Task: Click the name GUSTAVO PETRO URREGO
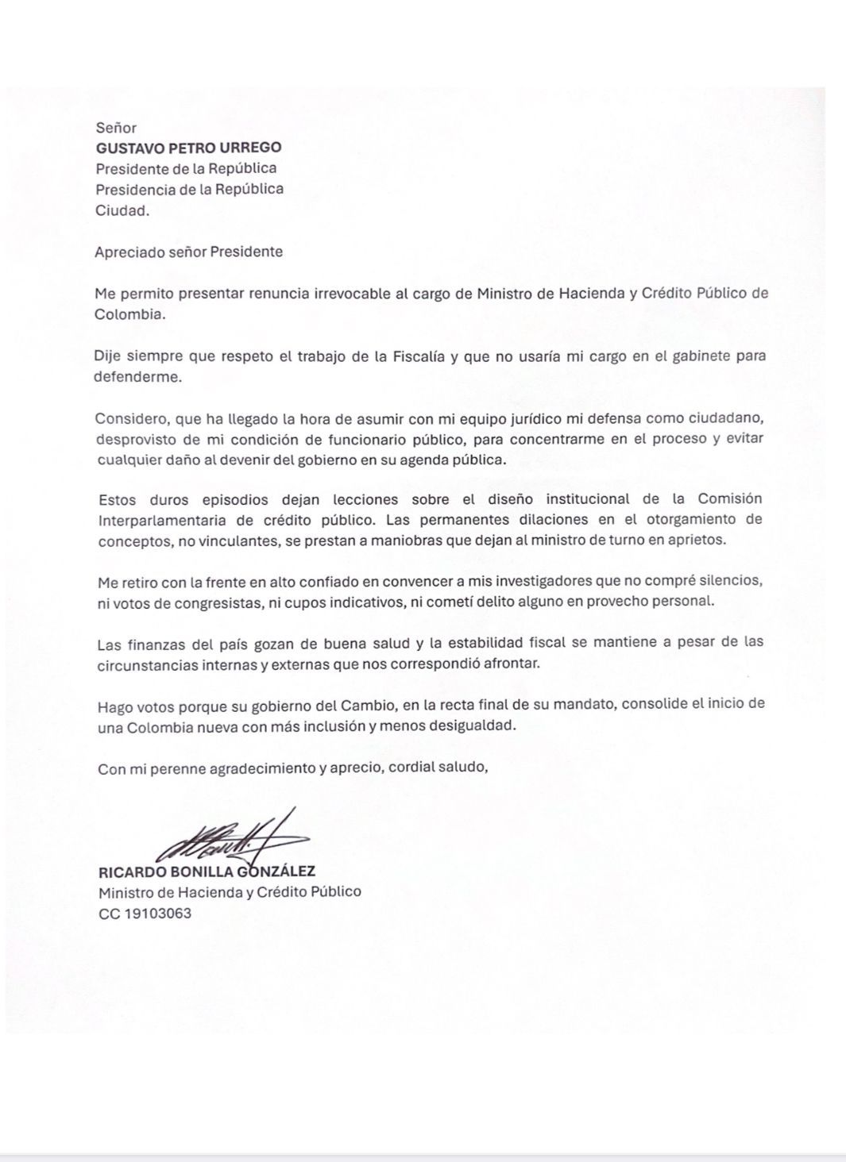click(x=188, y=148)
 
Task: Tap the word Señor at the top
click(x=116, y=128)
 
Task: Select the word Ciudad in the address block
click(x=120, y=210)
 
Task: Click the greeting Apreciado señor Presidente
click(x=188, y=252)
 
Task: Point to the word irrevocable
click(x=350, y=293)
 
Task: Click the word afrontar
click(x=512, y=664)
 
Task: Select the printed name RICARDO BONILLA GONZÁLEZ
click(x=207, y=871)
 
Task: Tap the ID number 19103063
click(x=158, y=913)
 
